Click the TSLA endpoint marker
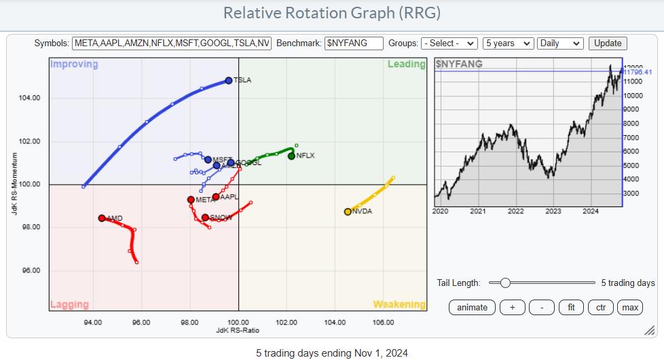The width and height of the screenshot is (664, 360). point(229,80)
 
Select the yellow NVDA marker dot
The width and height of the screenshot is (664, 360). point(348,211)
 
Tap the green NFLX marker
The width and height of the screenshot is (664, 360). point(291,156)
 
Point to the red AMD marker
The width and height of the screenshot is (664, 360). point(102,218)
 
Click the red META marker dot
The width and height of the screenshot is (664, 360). point(191,200)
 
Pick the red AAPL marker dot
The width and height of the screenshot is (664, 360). point(215,197)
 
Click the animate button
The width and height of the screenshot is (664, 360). point(472,307)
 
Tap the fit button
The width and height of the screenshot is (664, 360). point(571,307)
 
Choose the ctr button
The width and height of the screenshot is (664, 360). point(601,307)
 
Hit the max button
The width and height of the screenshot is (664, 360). point(630,307)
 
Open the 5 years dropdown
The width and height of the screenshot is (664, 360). point(508,43)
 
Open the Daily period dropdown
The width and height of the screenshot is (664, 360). point(559,43)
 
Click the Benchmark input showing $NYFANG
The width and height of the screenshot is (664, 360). point(354,43)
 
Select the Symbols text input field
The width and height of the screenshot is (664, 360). point(172,43)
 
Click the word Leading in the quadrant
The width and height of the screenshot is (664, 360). point(406,64)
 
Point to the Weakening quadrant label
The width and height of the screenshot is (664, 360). point(399,304)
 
